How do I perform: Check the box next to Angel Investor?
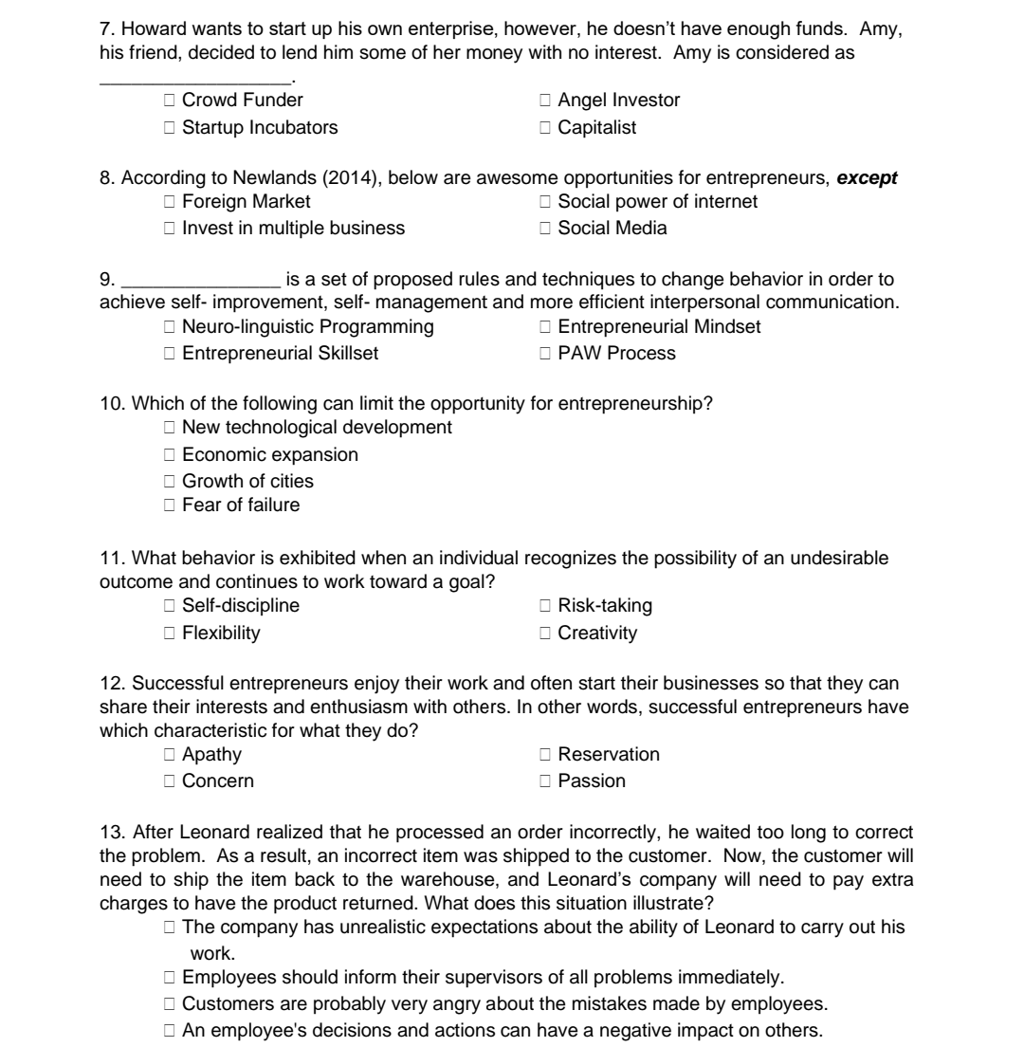(545, 100)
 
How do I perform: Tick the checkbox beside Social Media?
(545, 228)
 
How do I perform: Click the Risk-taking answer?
(545, 605)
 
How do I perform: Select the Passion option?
(545, 781)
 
